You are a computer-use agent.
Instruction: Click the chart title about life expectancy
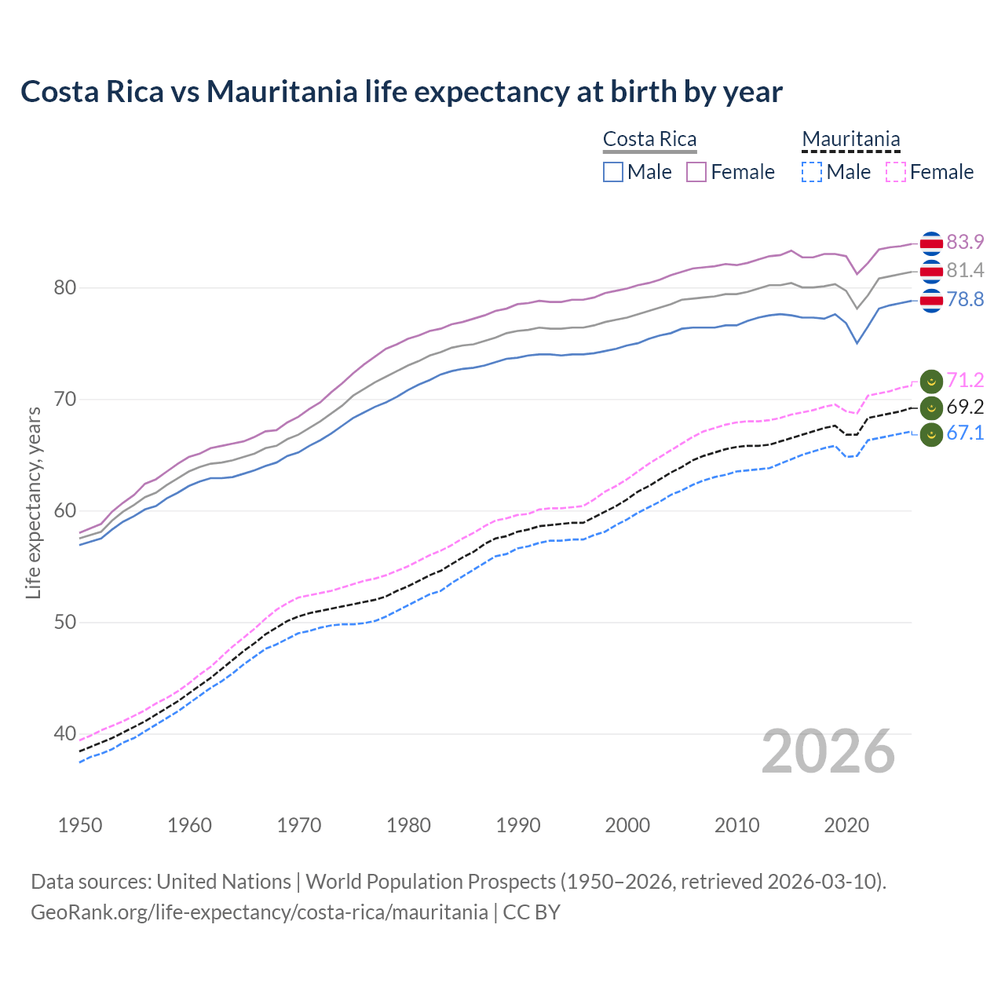point(401,92)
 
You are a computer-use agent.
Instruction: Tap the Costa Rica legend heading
point(649,140)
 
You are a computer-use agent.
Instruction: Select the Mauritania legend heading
point(850,140)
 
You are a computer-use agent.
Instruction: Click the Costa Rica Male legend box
point(613,172)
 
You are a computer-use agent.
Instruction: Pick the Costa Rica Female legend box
point(696,172)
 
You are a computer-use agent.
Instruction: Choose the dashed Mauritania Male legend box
point(812,172)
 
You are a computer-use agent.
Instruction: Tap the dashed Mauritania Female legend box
point(895,172)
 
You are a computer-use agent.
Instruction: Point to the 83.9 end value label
point(965,242)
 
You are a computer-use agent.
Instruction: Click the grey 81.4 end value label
point(965,271)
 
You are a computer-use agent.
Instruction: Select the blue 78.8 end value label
point(965,300)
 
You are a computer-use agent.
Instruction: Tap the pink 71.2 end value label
point(965,381)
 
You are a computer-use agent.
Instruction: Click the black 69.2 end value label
point(965,407)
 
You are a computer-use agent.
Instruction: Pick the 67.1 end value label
point(965,433)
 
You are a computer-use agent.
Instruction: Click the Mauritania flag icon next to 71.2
point(931,382)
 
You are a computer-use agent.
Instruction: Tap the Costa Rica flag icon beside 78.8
point(931,300)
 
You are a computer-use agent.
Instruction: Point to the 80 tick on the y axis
point(65,288)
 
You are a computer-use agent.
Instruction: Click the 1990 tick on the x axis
point(518,825)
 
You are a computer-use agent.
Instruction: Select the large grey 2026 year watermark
point(828,752)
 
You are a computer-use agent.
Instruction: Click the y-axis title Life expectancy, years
point(33,502)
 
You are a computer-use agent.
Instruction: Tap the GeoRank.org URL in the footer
point(259,912)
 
